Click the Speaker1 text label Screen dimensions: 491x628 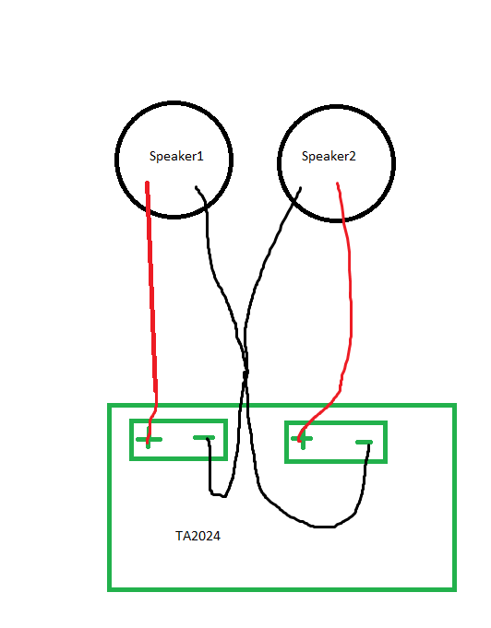(176, 156)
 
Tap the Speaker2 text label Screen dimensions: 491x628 (329, 156)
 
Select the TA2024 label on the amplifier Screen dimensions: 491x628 (198, 536)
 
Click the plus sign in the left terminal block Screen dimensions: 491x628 (149, 439)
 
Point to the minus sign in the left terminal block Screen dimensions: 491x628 (204, 438)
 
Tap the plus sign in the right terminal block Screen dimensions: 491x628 (302, 439)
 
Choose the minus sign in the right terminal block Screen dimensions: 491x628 (364, 442)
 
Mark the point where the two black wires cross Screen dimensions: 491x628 (246, 373)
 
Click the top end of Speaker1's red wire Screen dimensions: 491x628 (147, 183)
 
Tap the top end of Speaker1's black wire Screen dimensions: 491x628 (196, 187)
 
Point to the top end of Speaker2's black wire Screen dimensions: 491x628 (300, 188)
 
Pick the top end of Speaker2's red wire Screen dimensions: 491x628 (338, 184)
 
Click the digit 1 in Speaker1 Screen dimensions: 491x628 (200, 156)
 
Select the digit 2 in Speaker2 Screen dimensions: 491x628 (352, 156)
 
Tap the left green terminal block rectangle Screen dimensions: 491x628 (179, 421)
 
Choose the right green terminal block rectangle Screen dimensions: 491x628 (336, 422)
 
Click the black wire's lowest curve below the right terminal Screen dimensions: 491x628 (324, 527)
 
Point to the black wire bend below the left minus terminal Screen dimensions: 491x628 (218, 495)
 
